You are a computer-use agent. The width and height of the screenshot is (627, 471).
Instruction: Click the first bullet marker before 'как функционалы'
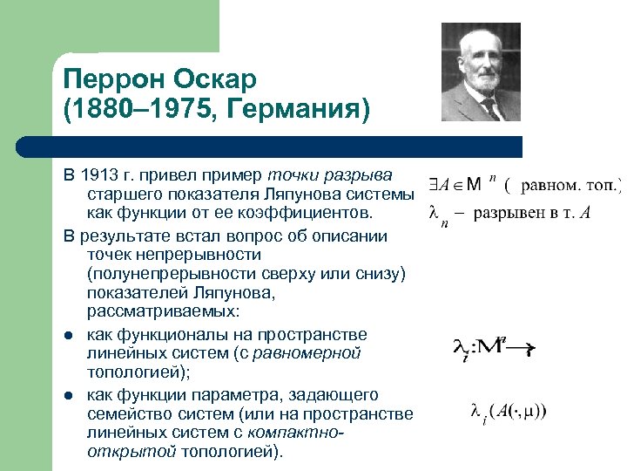(67, 336)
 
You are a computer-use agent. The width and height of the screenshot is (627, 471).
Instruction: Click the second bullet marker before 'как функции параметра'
(67, 396)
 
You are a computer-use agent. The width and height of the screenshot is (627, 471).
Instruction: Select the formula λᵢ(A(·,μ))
(509, 410)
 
